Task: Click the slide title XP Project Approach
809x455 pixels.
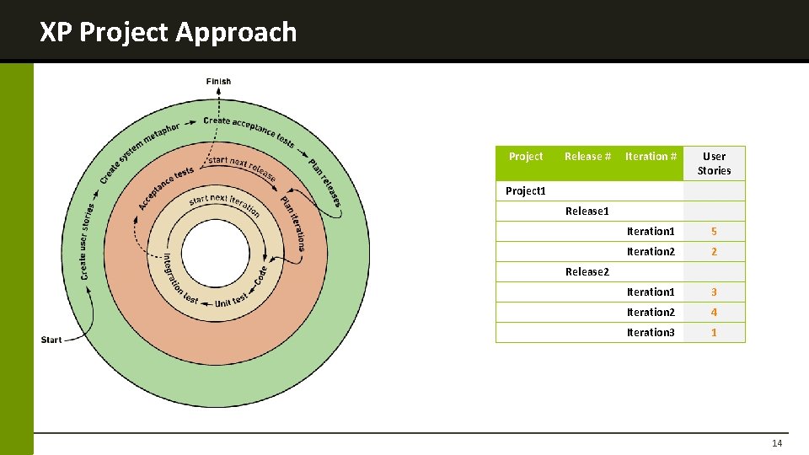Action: pos(169,32)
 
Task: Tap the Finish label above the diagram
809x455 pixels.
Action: pos(218,82)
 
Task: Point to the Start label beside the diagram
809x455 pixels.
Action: pos(51,340)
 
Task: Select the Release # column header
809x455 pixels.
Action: pos(587,157)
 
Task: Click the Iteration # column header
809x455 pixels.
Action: pos(651,157)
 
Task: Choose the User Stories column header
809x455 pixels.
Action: pos(714,163)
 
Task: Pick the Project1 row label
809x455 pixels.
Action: pos(526,191)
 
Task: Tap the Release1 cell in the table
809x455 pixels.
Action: pos(587,211)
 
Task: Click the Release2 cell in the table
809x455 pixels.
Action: pos(587,272)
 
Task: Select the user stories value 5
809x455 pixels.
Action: pos(714,232)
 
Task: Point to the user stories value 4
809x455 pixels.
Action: pos(714,313)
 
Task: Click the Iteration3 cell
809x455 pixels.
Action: pos(651,333)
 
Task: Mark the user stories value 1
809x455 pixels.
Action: pos(714,333)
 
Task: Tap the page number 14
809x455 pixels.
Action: pos(776,444)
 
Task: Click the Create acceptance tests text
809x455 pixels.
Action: pos(249,131)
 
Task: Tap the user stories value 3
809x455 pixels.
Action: pos(714,292)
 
